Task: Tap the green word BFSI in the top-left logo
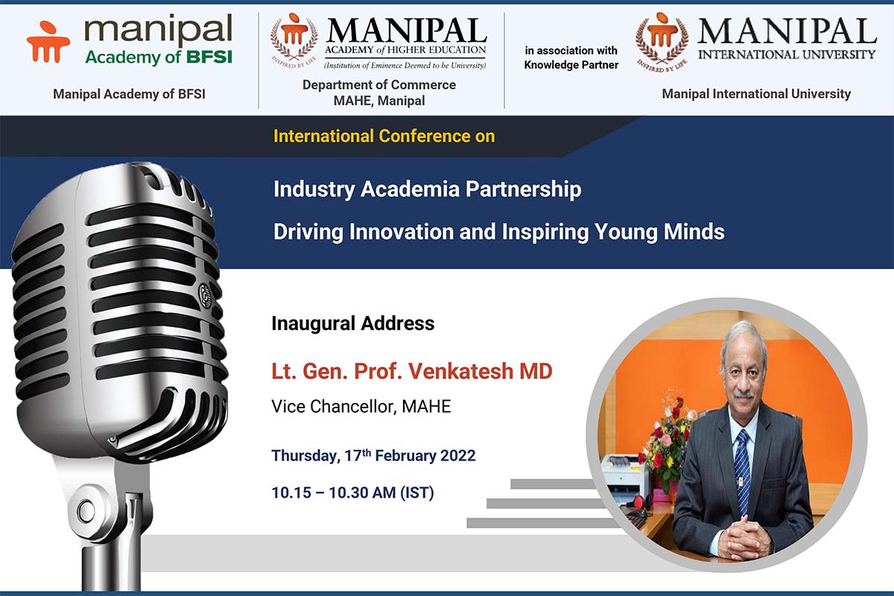(x=209, y=57)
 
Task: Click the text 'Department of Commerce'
(x=379, y=85)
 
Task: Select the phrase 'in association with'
(x=571, y=51)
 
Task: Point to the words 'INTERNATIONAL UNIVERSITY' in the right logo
(x=787, y=54)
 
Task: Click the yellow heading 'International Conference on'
(x=384, y=136)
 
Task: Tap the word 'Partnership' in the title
(x=523, y=189)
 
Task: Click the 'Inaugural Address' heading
(x=353, y=323)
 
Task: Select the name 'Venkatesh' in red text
(x=460, y=371)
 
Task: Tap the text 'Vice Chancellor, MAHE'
(x=361, y=406)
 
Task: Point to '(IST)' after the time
(x=416, y=492)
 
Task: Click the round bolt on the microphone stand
(x=87, y=510)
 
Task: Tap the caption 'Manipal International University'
(x=756, y=94)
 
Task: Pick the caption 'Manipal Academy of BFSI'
(x=129, y=94)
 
